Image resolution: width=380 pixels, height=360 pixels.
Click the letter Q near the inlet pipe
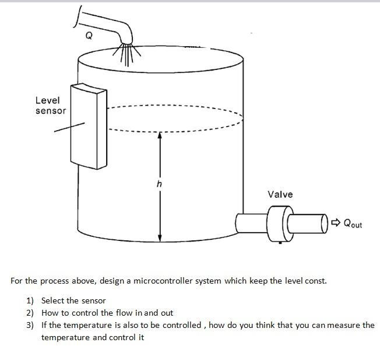(x=89, y=36)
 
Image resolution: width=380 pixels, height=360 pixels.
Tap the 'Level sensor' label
(x=50, y=106)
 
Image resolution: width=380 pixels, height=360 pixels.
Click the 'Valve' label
(x=280, y=194)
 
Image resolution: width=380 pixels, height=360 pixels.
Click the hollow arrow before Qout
(x=336, y=222)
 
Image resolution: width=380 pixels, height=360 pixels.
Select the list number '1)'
(x=30, y=300)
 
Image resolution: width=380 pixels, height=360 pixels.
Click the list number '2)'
(x=30, y=313)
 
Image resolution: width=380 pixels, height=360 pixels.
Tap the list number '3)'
(x=30, y=325)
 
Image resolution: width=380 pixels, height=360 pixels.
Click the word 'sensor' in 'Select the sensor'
(x=93, y=300)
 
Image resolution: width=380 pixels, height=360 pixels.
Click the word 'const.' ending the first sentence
(x=315, y=281)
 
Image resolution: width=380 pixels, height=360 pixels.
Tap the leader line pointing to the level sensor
(x=69, y=127)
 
